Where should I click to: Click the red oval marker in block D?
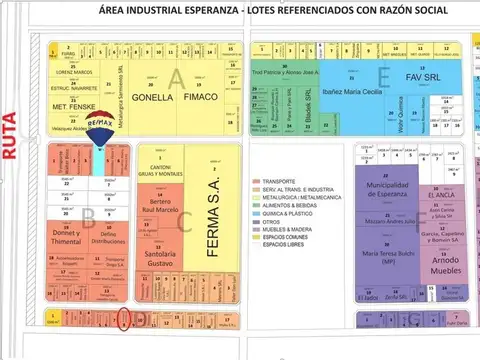tap(123, 321)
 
